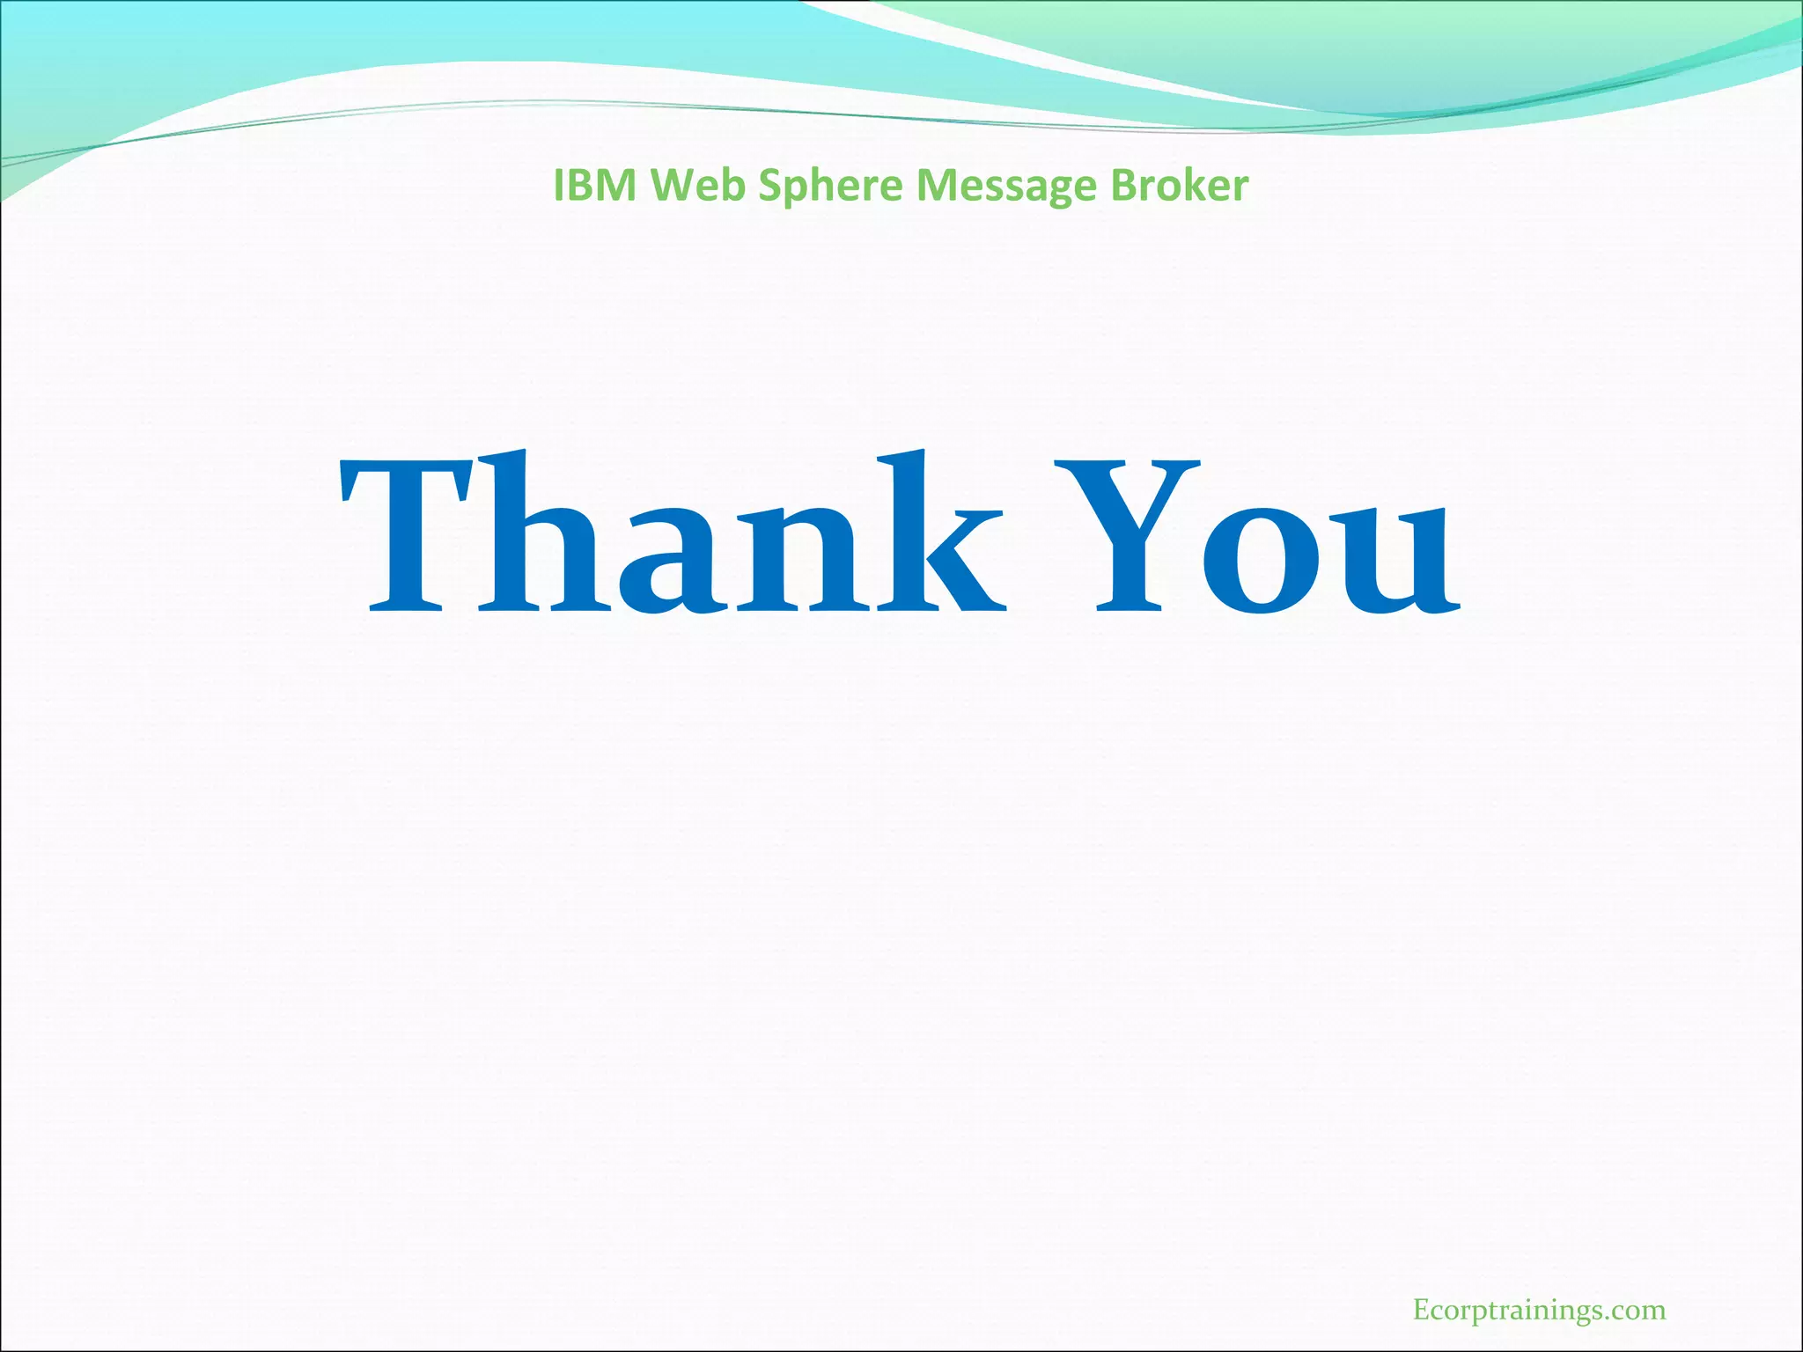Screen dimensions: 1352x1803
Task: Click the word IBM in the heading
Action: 595,186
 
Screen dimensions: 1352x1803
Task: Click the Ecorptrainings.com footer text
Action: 1539,1311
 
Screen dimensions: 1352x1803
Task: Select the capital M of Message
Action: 935,186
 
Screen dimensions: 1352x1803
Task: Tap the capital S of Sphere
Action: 769,186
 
